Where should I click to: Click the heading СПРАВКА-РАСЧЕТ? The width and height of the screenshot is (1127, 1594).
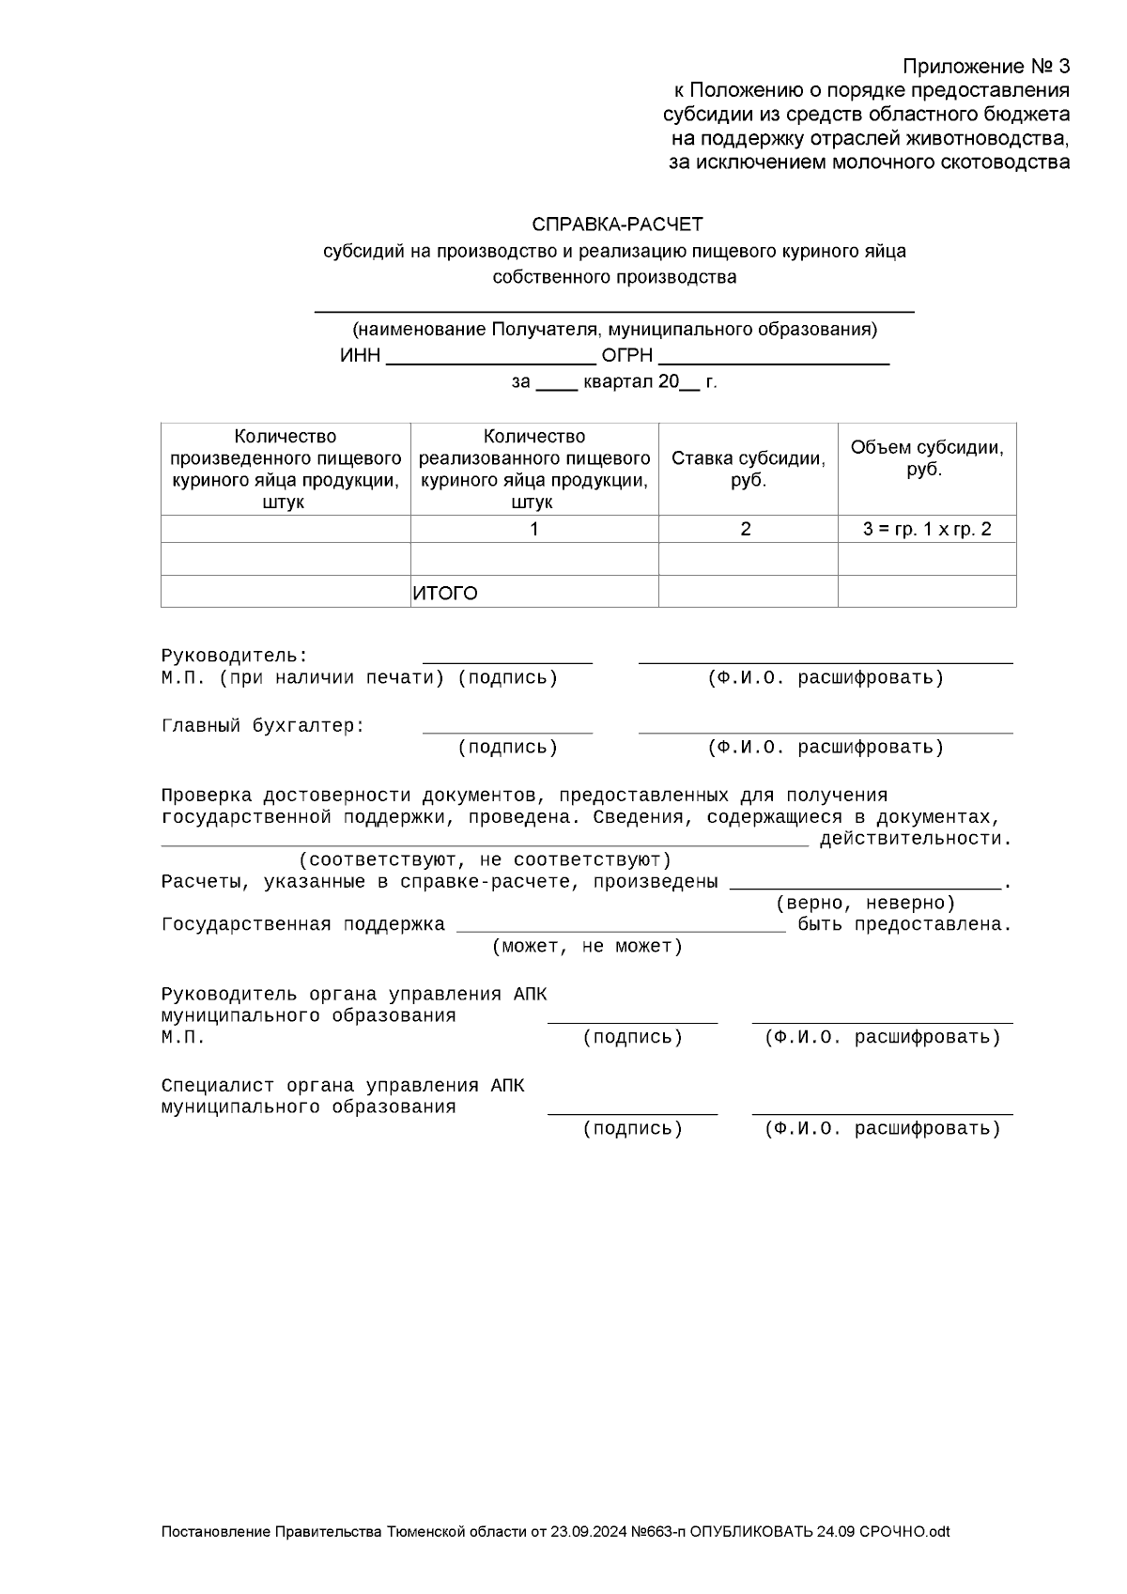pos(617,224)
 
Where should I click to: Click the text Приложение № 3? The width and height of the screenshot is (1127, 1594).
pos(986,67)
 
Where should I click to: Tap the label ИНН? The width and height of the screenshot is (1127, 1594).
pos(361,357)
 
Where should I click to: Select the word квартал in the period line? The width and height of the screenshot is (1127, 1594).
pos(617,382)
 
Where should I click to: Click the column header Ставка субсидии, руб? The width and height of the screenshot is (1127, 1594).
pos(748,469)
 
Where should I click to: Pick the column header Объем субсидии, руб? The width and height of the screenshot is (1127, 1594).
pos(926,458)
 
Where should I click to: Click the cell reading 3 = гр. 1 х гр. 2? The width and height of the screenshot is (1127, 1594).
pos(926,529)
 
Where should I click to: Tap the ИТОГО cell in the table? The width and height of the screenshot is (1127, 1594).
pos(445,594)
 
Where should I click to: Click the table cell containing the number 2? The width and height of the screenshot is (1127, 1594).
pos(746,529)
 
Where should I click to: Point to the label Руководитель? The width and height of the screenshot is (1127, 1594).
pos(235,656)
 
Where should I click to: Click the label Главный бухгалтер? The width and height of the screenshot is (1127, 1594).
pos(263,726)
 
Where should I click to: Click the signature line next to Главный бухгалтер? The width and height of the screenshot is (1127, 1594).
pos(507,730)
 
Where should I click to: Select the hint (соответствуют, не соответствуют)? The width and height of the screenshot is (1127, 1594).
pos(485,860)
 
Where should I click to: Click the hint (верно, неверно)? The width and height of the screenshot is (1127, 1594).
pos(865,904)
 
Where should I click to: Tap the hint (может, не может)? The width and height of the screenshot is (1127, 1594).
pos(588,947)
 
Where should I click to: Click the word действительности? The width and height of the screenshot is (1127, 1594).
pos(916,839)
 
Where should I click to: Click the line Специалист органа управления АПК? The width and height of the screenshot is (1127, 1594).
pos(343,1086)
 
